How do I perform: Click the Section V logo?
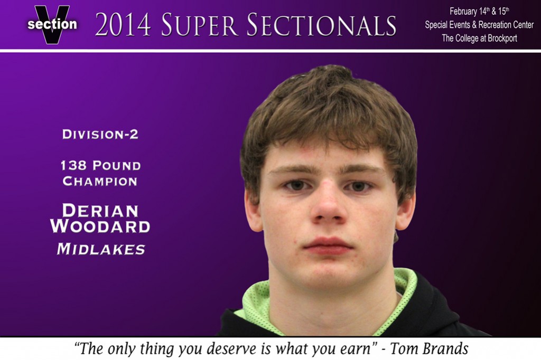coord(52,24)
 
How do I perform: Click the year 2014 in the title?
coord(123,25)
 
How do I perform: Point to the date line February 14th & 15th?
coord(479,12)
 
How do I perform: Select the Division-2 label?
coord(100,134)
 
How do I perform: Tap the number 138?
coord(73,166)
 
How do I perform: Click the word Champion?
coord(100,182)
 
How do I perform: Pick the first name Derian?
coord(100,211)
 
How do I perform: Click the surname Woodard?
coord(100,226)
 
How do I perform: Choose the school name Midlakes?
coord(101,249)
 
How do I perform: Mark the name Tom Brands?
coord(429,348)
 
